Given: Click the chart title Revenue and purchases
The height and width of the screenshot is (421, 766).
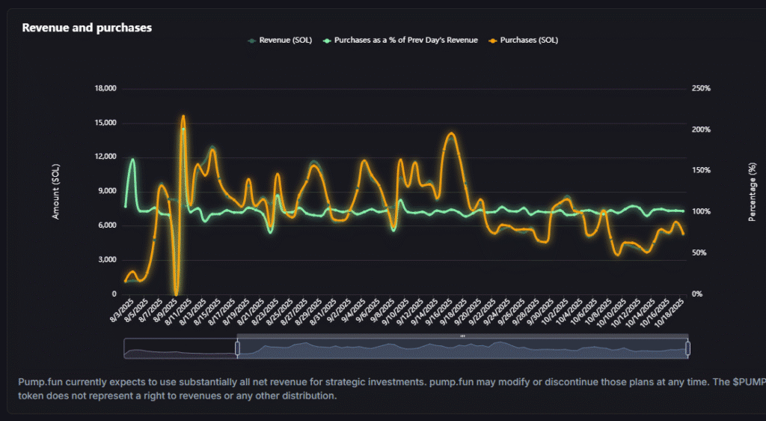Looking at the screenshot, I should point(87,28).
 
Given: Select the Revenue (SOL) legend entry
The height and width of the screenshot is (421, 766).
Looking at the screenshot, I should point(285,40).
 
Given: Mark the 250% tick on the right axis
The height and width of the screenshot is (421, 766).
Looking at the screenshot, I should point(701,88).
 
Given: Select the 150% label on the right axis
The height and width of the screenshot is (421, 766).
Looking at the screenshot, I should point(701,171).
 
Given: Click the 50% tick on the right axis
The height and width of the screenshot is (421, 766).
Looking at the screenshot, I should point(699,253).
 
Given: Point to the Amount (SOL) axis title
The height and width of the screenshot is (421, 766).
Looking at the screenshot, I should point(55,191).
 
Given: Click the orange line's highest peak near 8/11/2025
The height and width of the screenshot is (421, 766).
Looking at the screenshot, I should point(183,116).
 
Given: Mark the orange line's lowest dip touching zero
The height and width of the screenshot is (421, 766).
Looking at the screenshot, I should point(177,293).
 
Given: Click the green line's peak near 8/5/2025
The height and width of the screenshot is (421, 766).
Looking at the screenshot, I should point(133,159).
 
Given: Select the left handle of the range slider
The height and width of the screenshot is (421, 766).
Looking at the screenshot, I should point(237,348).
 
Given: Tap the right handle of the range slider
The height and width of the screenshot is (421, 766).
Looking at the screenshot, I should point(687,348).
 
